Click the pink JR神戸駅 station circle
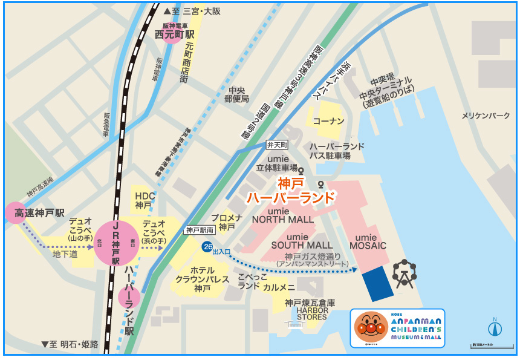point(115,243)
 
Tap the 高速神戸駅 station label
point(40,214)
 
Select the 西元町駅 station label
point(173,35)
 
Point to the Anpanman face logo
point(369,328)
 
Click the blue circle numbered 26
point(207,246)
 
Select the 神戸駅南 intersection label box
point(201,230)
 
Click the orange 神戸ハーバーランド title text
point(291,190)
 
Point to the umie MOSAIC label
point(371,241)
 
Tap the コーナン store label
point(328,121)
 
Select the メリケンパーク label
point(486,115)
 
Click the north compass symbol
point(495,327)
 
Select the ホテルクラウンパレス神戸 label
point(202,279)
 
